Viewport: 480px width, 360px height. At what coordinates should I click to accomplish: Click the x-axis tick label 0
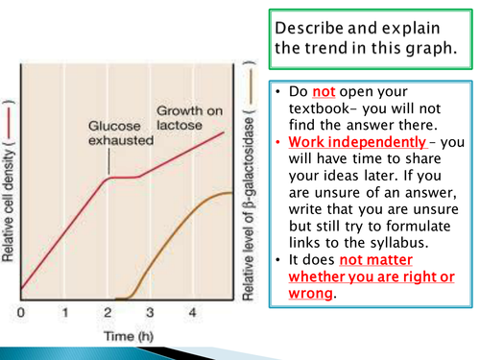tap(20, 312)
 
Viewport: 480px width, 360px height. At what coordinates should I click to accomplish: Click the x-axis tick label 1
tap(64, 312)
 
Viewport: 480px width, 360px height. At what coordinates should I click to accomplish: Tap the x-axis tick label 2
tap(108, 312)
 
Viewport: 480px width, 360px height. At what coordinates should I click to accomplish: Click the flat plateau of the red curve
tap(125, 177)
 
